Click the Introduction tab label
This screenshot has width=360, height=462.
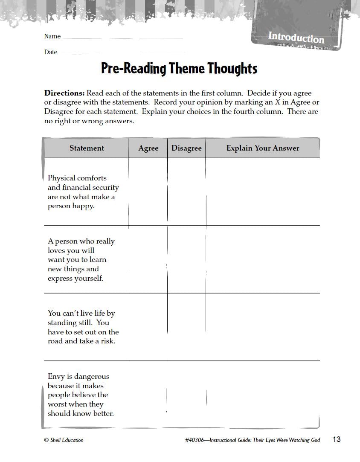tap(296, 38)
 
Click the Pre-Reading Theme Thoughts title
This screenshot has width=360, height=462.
tap(179, 68)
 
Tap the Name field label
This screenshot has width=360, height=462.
tap(52, 36)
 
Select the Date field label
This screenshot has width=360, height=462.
tap(51, 52)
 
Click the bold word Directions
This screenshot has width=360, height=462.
tap(64, 93)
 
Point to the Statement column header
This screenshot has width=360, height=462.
tap(87, 148)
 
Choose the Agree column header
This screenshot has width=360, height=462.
tap(148, 148)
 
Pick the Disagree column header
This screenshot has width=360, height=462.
tap(186, 148)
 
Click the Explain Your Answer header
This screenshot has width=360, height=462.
tap(263, 148)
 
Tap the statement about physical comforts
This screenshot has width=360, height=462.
tap(83, 192)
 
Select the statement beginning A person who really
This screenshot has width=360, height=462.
tap(81, 260)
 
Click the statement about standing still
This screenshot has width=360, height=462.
tap(83, 327)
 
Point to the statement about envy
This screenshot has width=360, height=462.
tap(81, 395)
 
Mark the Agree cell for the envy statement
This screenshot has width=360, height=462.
tap(148, 395)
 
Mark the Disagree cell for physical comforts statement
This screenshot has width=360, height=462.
tap(186, 192)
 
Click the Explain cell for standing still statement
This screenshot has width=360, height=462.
tap(263, 327)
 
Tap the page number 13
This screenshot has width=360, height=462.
tap(337, 439)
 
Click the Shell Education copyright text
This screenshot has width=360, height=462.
tap(64, 440)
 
